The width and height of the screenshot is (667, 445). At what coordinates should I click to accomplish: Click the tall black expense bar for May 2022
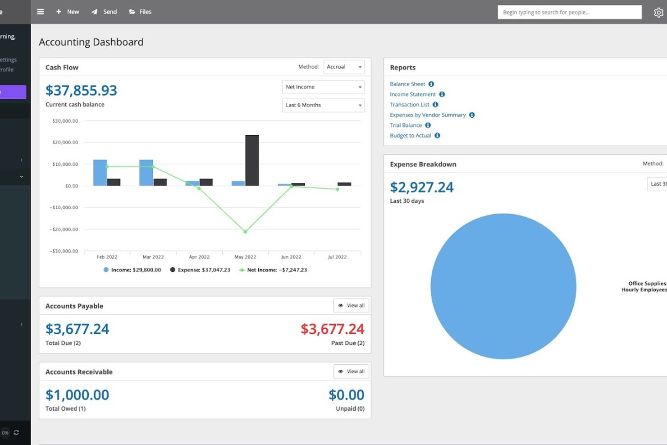click(x=252, y=160)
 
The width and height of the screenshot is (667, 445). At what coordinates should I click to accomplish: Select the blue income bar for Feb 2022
click(x=100, y=172)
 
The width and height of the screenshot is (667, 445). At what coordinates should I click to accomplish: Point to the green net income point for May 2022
click(x=245, y=232)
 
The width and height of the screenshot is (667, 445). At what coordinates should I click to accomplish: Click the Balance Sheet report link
click(x=407, y=84)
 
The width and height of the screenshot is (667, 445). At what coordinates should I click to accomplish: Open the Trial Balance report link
click(x=406, y=125)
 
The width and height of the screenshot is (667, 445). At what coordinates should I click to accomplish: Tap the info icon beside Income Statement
click(x=442, y=94)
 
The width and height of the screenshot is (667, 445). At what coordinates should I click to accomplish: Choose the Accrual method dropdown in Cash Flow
click(x=344, y=67)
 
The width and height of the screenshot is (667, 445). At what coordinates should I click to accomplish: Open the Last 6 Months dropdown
click(x=323, y=105)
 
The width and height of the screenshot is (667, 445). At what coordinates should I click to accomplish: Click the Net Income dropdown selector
click(x=323, y=87)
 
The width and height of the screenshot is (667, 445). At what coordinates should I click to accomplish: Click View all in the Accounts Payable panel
click(x=352, y=306)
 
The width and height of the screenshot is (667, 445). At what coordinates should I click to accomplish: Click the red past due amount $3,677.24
click(x=332, y=329)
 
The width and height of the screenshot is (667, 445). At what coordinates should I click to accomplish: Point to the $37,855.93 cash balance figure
click(x=81, y=91)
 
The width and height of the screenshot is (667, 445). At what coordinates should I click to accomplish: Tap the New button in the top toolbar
click(x=68, y=12)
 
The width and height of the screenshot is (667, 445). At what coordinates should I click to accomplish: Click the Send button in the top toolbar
click(x=105, y=12)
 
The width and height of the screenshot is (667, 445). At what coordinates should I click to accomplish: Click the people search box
click(x=569, y=12)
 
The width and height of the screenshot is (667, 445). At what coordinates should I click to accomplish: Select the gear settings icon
click(x=658, y=13)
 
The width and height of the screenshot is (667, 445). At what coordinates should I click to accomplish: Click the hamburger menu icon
click(x=41, y=12)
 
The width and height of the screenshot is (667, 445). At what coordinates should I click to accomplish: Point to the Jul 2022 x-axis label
click(x=337, y=257)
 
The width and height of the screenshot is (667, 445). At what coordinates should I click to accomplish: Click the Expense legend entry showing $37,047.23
click(x=200, y=270)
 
